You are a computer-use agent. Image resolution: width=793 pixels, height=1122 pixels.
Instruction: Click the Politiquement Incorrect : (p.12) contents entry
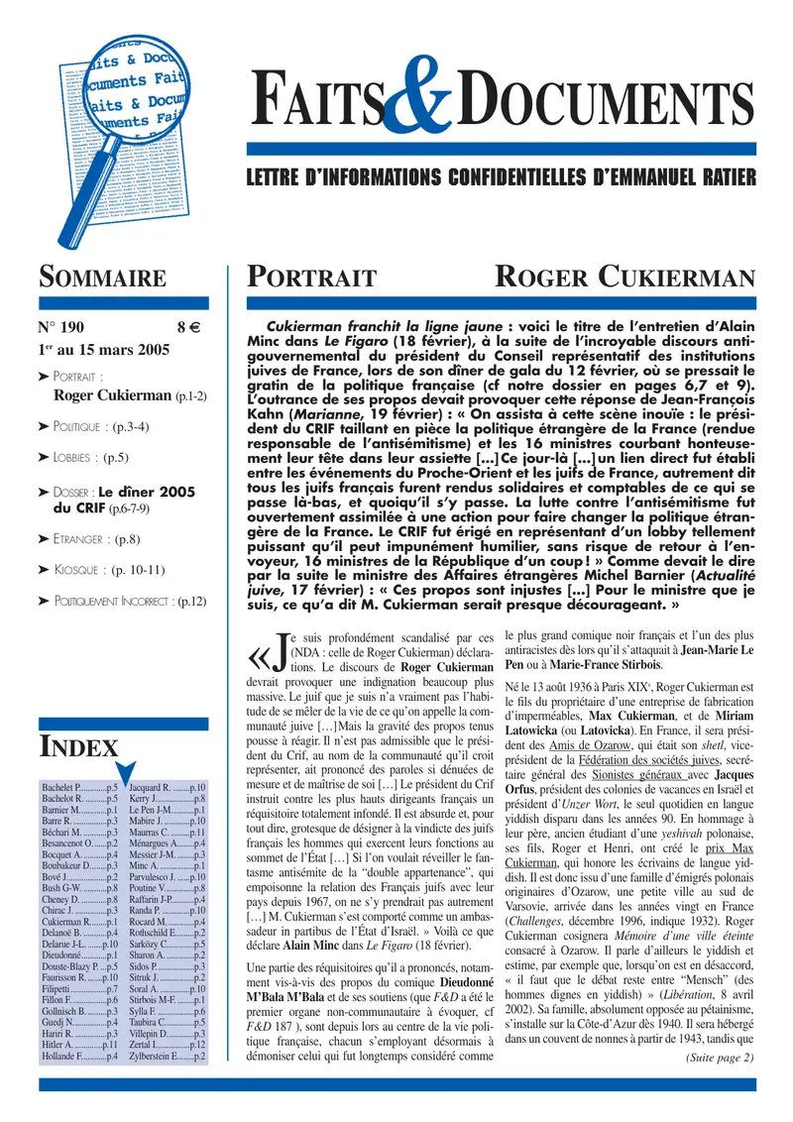click(x=129, y=601)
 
